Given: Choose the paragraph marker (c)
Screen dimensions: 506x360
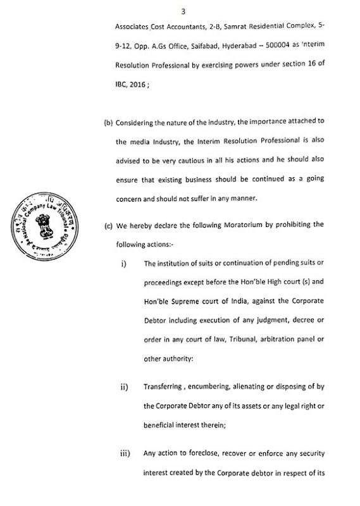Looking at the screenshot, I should coord(108,225).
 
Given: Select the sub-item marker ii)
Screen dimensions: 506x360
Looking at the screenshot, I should coord(125,387).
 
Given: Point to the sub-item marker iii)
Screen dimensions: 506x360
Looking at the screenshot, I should coord(125,453).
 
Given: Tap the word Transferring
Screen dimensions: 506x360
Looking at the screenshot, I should coord(166,387).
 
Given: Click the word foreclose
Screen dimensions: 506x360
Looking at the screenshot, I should coord(201,453).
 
